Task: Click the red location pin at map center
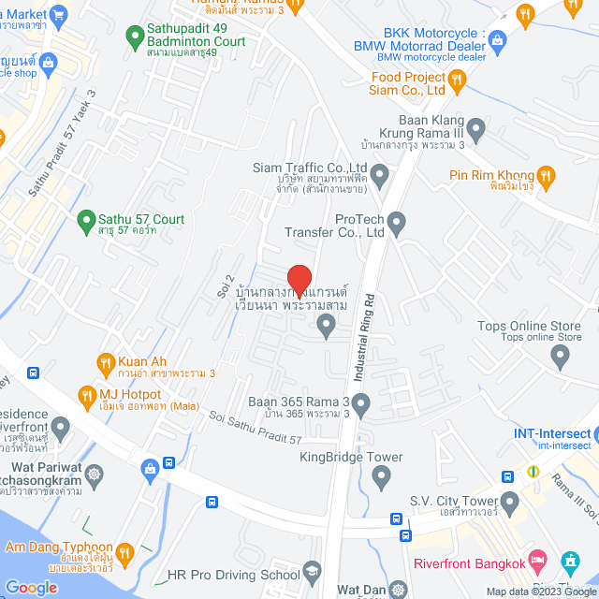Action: tap(299, 280)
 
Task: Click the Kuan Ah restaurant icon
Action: tap(106, 361)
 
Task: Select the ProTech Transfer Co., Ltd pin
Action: tap(397, 223)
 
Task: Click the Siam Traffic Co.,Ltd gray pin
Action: tap(379, 174)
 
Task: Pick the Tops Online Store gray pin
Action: tap(560, 355)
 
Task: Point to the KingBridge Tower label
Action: tap(351, 458)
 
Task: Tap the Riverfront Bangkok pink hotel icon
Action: tap(536, 562)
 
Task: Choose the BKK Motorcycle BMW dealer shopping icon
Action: tap(497, 39)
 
